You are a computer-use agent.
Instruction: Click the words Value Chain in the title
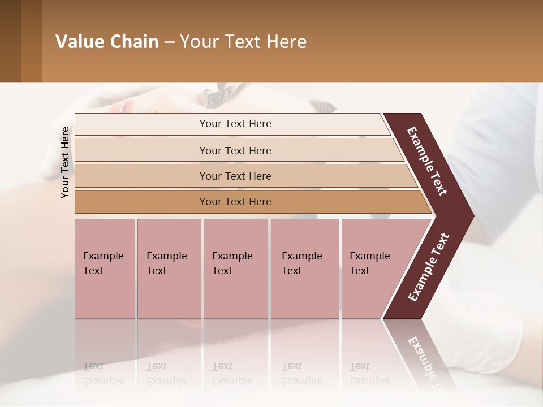click(107, 42)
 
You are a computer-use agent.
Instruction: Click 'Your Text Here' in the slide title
click(243, 42)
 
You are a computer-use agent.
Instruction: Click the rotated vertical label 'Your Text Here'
click(65, 162)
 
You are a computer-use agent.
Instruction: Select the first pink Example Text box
click(105, 268)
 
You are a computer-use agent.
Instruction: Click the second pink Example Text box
click(169, 268)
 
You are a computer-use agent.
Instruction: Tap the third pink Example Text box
click(235, 268)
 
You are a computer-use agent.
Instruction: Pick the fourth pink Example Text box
click(304, 268)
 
